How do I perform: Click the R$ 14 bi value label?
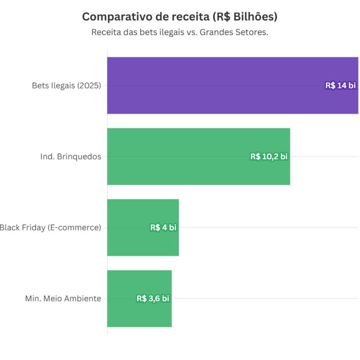pyautogui.click(x=340, y=85)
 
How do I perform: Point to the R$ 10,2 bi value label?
pyautogui.click(x=269, y=156)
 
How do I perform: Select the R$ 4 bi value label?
pyautogui.click(x=163, y=227)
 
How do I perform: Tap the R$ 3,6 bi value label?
pyautogui.click(x=153, y=298)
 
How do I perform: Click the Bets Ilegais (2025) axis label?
pyautogui.click(x=66, y=85)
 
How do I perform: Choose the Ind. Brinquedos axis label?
pyautogui.click(x=71, y=156)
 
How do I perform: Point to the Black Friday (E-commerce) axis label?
pyautogui.click(x=50, y=227)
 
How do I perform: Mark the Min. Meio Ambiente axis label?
pyautogui.click(x=63, y=298)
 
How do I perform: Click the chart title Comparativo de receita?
pyautogui.click(x=180, y=17)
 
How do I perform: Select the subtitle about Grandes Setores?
pyautogui.click(x=180, y=32)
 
